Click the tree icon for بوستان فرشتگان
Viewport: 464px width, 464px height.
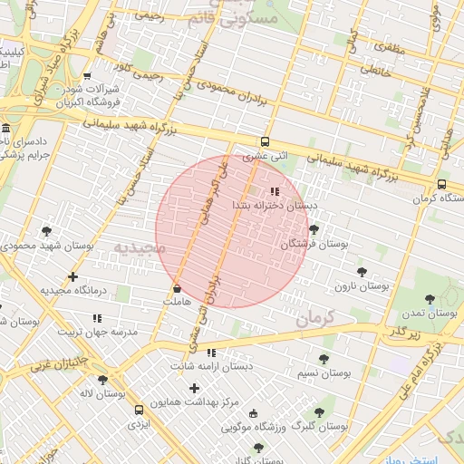click(314, 230)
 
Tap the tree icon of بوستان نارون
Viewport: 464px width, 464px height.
click(362, 271)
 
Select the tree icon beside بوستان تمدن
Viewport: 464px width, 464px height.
click(430, 298)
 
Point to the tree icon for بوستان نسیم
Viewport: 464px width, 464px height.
click(324, 359)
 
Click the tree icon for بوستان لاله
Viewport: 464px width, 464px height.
click(101, 380)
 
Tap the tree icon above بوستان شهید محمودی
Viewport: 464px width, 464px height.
click(47, 232)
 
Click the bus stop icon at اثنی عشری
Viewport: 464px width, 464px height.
click(265, 141)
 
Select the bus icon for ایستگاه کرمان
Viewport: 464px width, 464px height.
click(441, 184)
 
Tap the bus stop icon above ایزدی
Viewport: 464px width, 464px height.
click(138, 410)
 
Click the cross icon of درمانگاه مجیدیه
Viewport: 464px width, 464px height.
click(73, 276)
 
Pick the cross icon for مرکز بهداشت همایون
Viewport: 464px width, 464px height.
click(194, 388)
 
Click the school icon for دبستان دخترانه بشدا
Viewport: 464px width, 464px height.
click(274, 191)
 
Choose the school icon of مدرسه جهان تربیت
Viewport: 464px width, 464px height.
click(97, 318)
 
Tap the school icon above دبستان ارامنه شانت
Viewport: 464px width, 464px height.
click(211, 353)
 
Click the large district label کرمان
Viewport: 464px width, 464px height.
click(314, 317)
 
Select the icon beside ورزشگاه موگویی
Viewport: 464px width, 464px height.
click(253, 412)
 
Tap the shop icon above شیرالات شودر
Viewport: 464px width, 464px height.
click(87, 76)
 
